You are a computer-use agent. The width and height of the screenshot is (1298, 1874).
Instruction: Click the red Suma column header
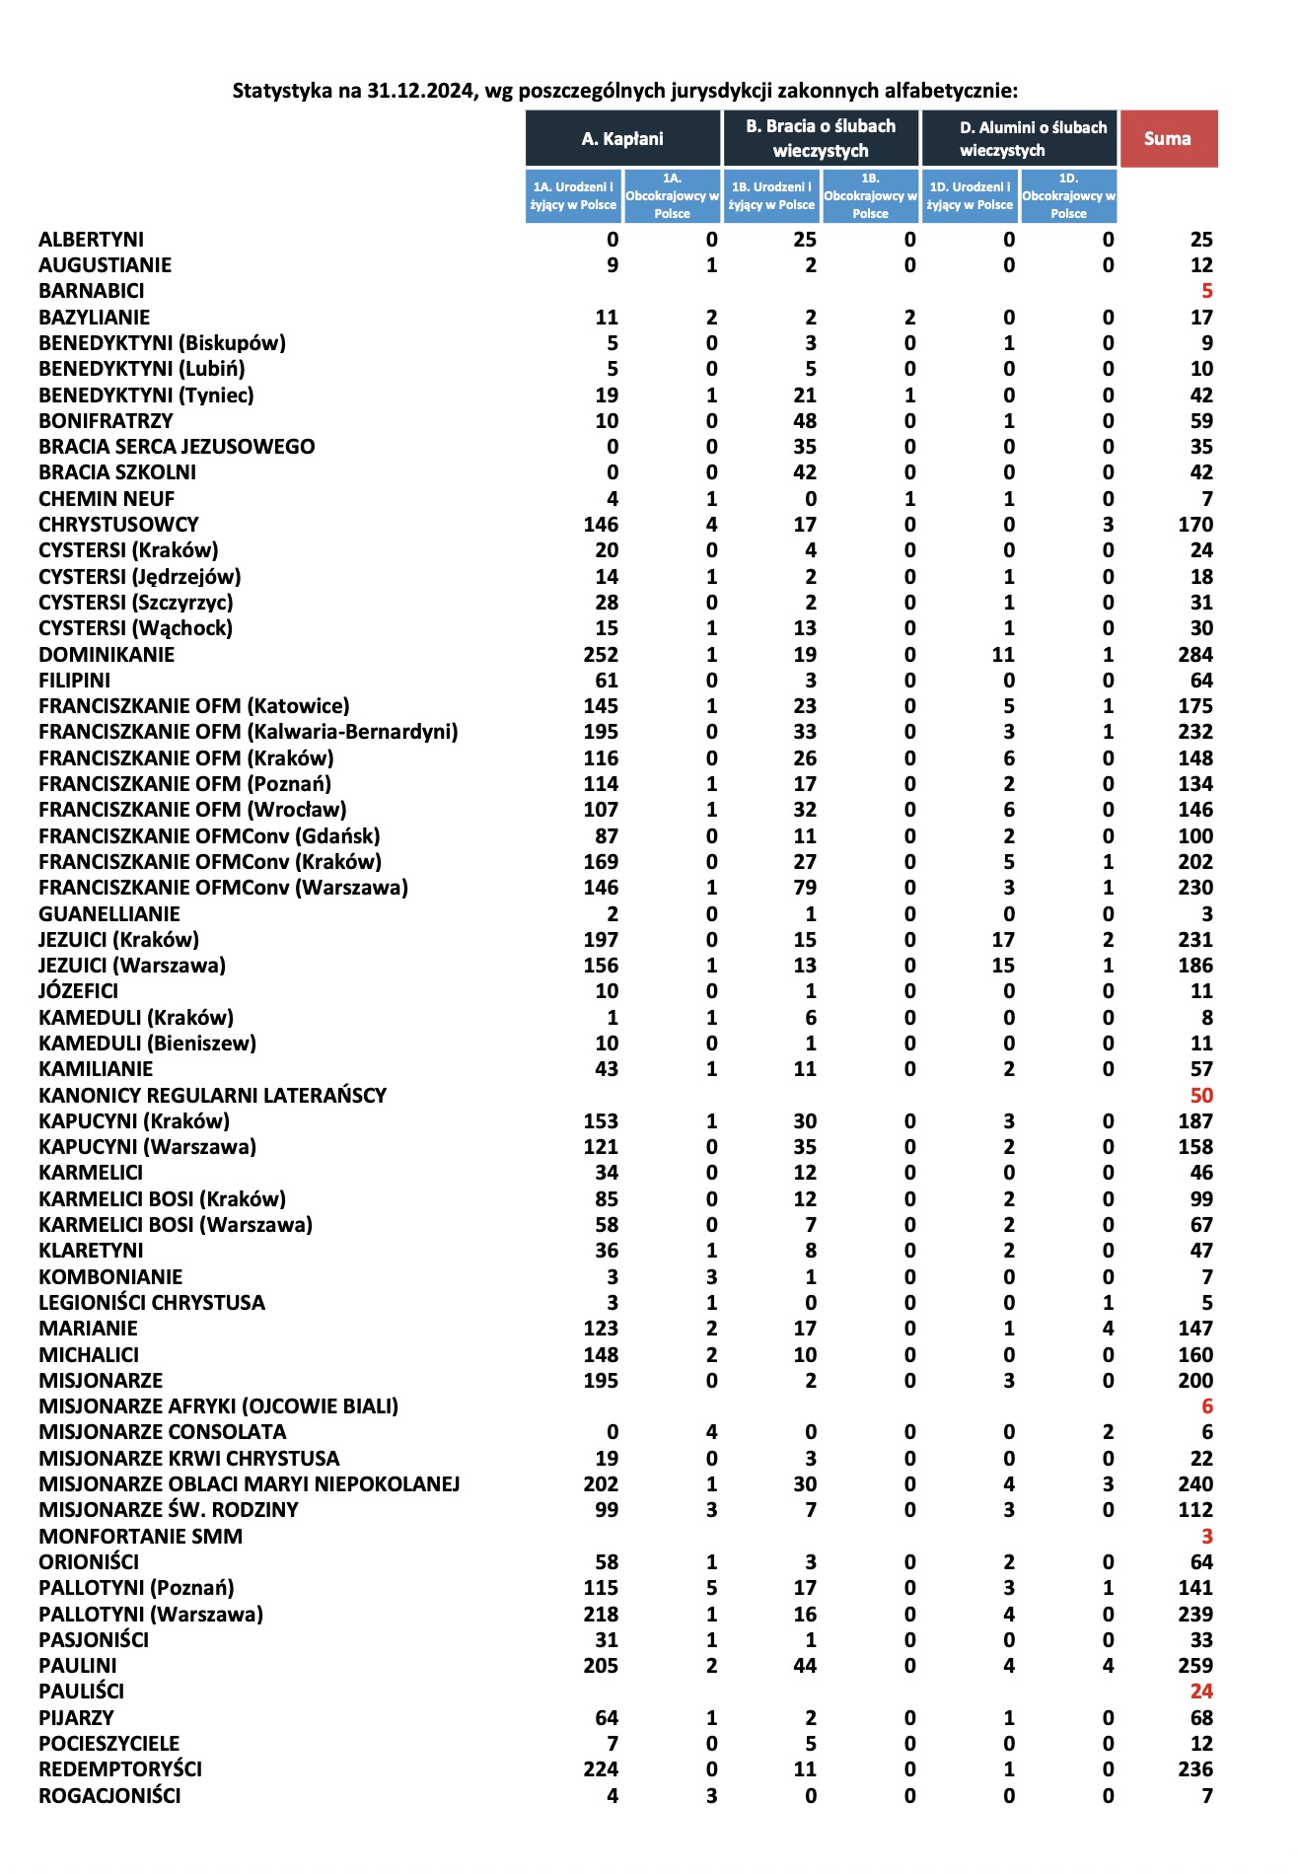[1168, 138]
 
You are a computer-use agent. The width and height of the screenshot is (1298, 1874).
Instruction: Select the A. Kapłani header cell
[622, 138]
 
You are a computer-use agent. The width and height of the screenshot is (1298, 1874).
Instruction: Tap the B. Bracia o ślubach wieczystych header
[821, 138]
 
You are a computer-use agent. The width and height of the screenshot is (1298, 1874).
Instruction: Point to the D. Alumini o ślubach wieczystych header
[1020, 138]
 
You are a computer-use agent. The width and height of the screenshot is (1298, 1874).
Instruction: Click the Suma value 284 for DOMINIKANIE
[1195, 655]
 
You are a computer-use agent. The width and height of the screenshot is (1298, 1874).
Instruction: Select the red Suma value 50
[1201, 1096]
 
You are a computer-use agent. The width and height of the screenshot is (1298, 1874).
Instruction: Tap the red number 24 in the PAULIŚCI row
[1201, 1692]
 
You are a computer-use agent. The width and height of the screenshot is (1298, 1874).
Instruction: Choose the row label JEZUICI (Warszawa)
[132, 966]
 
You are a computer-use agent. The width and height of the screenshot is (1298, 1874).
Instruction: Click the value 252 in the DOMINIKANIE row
[601, 655]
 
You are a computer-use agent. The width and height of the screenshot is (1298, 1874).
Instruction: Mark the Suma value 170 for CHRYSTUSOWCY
[1195, 525]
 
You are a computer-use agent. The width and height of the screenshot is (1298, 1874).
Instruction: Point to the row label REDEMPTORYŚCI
[120, 1769]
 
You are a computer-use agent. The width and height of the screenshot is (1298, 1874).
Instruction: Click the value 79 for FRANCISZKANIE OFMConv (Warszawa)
[805, 888]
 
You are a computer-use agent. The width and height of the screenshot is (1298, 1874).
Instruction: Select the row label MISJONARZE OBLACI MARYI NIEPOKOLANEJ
[250, 1484]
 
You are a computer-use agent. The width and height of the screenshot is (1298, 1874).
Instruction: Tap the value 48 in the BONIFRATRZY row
[805, 421]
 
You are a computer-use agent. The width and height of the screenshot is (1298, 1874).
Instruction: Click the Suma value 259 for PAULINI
[1195, 1666]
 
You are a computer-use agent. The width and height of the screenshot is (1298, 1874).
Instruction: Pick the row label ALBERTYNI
[91, 240]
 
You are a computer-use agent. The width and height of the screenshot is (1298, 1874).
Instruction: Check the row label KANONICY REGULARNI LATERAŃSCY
[212, 1096]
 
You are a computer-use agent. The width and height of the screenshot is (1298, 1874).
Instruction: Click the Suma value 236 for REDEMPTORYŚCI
[1195, 1769]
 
